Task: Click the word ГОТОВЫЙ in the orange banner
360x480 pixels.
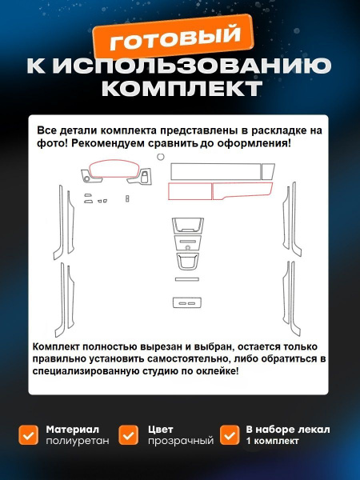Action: pos(174,38)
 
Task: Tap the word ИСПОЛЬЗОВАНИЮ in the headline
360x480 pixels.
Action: pos(192,66)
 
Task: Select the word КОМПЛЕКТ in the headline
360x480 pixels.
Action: pos(182,88)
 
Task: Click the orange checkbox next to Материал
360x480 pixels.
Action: pos(29,434)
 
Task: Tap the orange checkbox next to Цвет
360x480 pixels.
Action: pos(129,434)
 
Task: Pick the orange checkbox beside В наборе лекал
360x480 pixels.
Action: pos(230,434)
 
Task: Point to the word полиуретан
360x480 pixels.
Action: pos(78,441)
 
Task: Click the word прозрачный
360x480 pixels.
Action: pos(181,441)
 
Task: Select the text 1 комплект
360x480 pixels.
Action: pos(272,441)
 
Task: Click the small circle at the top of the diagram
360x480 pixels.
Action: pos(161,157)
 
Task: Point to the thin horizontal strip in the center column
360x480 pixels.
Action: pos(187,279)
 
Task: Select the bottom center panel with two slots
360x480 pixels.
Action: pos(187,302)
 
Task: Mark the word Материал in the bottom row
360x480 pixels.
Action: pos(73,430)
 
